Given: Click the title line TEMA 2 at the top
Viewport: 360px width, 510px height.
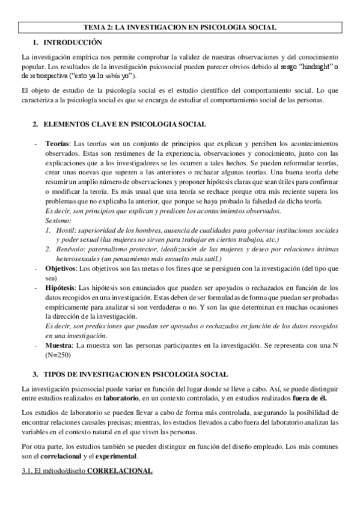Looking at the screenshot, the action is coord(179,28).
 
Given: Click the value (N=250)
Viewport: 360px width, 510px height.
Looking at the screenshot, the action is coord(62,355).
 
